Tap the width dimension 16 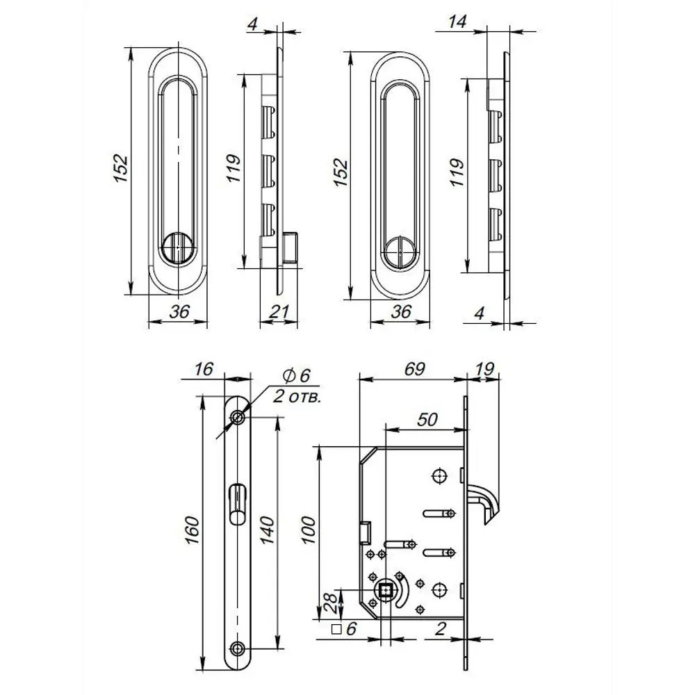203,369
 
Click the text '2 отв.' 297,398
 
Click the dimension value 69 414,369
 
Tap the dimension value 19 486,369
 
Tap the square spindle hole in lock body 384,591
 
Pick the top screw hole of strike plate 238,418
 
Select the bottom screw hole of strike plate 238,648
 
